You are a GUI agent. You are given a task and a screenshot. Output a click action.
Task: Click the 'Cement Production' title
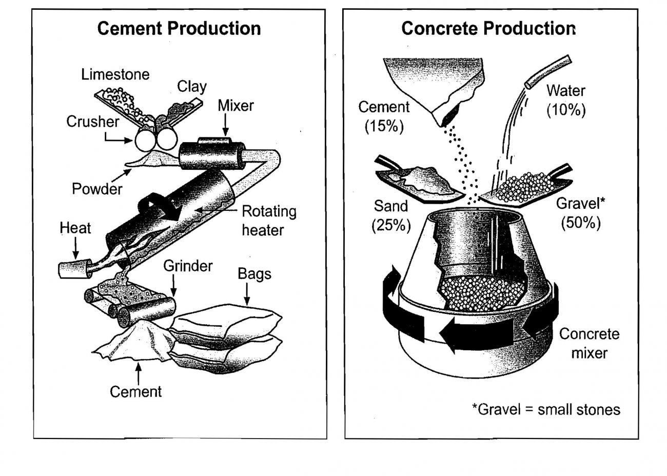pyautogui.click(x=179, y=28)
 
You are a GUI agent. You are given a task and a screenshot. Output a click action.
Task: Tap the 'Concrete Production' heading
pyautogui.click(x=488, y=28)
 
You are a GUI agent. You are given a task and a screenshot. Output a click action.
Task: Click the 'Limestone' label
pyautogui.click(x=115, y=74)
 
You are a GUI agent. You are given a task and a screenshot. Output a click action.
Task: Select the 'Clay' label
pyautogui.click(x=192, y=86)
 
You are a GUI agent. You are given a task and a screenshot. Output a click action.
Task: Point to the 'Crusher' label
pyautogui.click(x=92, y=122)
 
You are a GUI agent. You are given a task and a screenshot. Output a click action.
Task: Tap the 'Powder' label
pyautogui.click(x=97, y=189)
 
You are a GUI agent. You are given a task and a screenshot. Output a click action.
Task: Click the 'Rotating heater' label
pyautogui.click(x=269, y=221)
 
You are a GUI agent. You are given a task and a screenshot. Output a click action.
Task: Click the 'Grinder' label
pyautogui.click(x=188, y=266)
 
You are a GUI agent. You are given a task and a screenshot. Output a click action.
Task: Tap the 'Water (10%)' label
pyautogui.click(x=565, y=100)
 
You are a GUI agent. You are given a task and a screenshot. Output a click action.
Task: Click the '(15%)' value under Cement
pyautogui.click(x=384, y=126)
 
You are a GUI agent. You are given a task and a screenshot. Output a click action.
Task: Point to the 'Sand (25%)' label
pyautogui.click(x=391, y=215)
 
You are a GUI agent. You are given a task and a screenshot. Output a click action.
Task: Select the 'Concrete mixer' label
pyautogui.click(x=589, y=343)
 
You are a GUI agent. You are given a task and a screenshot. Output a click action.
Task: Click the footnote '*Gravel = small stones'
pyautogui.click(x=546, y=409)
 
